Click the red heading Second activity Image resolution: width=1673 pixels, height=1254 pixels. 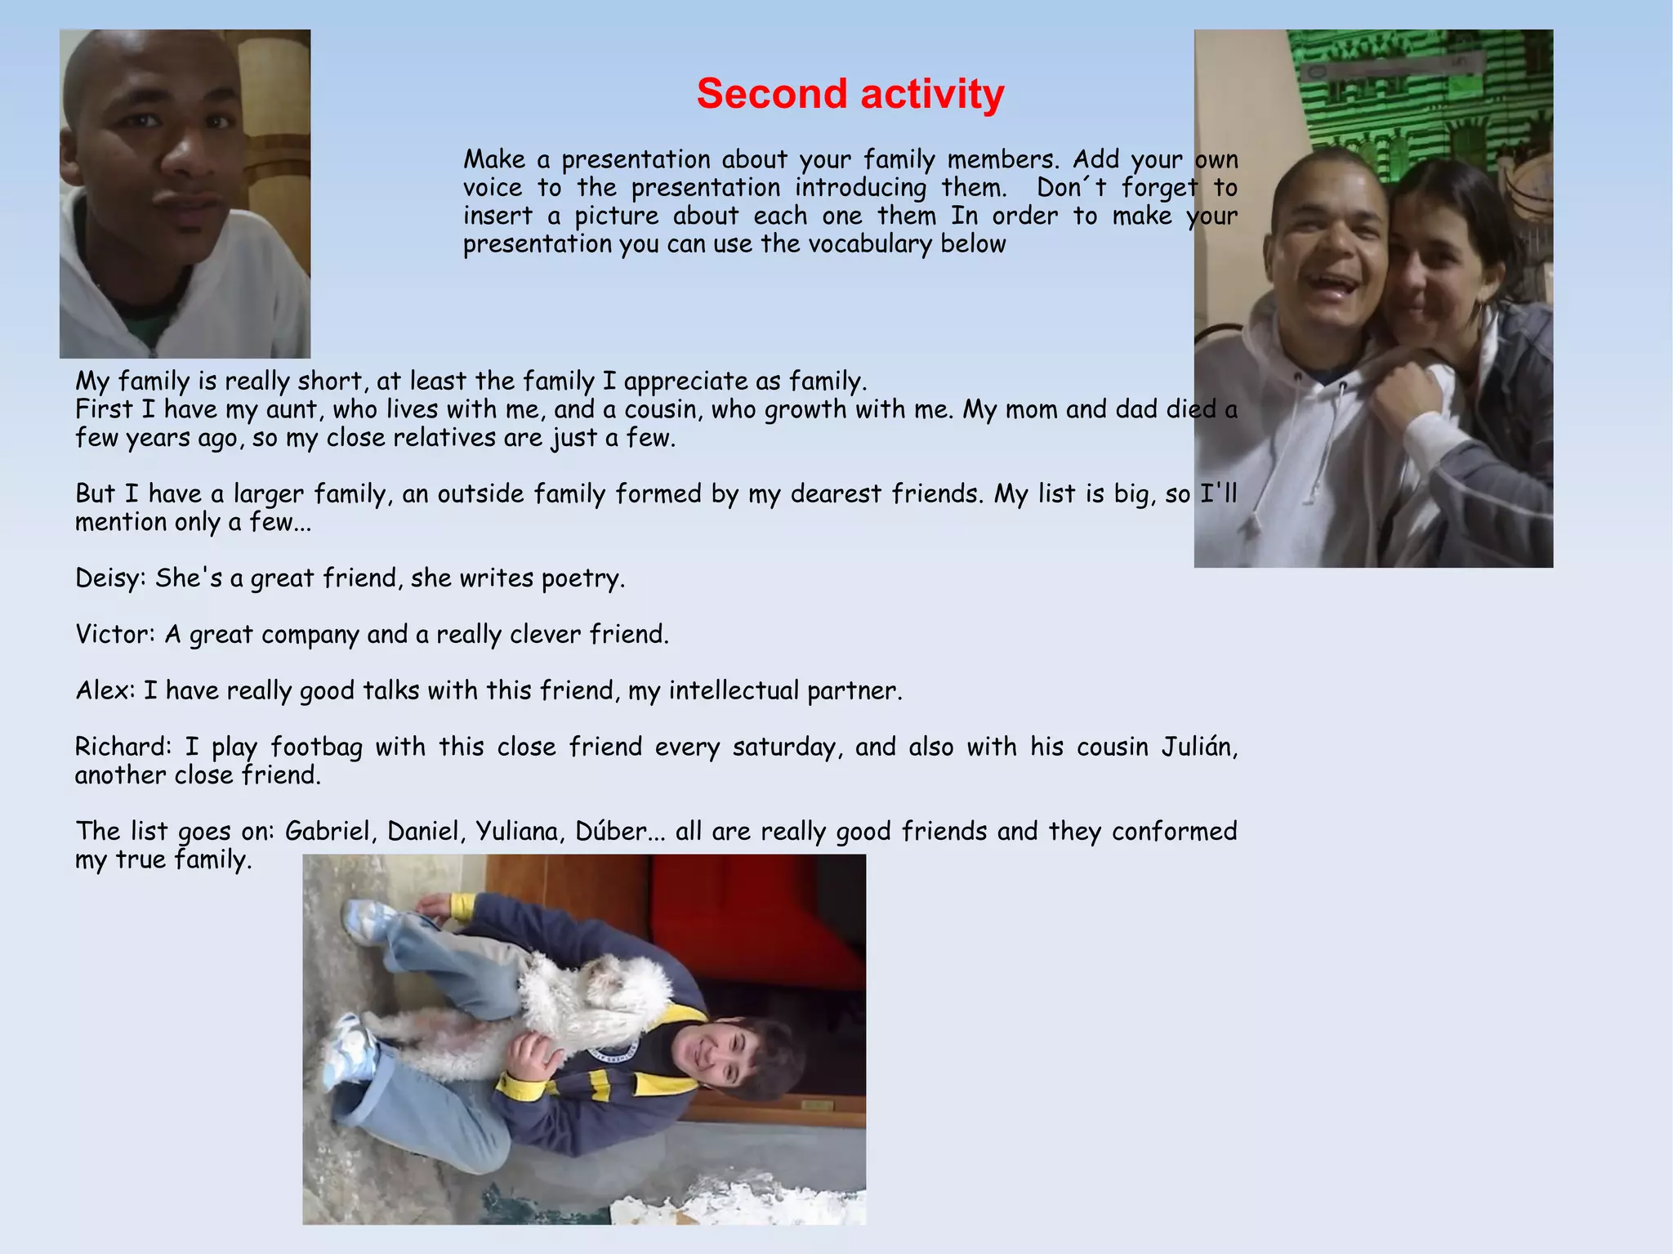850,94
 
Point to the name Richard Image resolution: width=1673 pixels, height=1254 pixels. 122,747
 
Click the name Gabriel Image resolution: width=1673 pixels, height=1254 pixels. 330,832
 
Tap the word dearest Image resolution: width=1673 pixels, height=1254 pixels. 836,494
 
